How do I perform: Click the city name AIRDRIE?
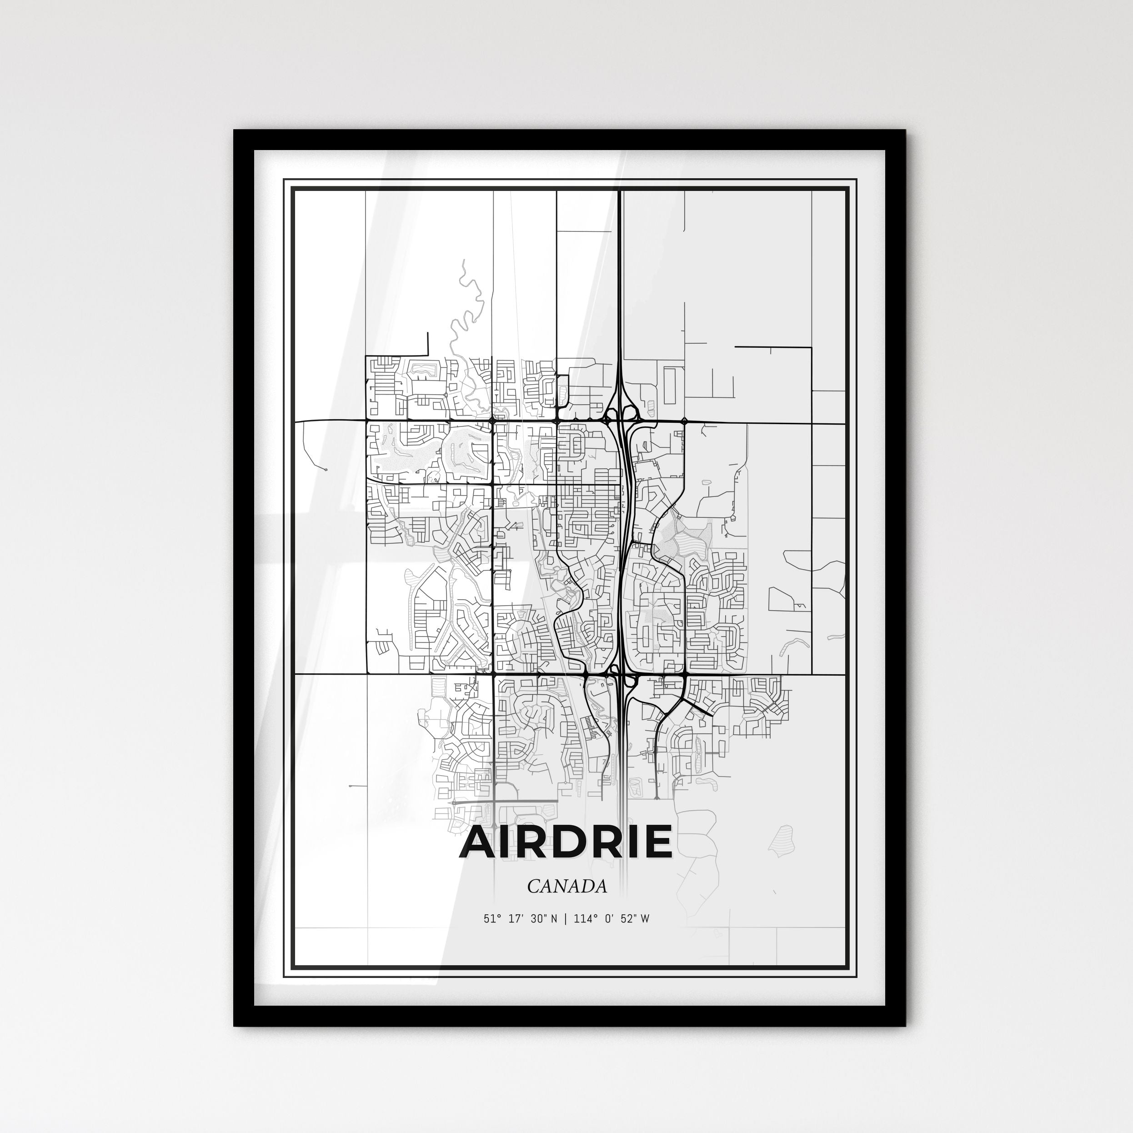[566, 842]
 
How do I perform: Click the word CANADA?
[566, 887]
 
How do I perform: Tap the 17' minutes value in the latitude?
[516, 919]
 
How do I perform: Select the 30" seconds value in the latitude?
[540, 919]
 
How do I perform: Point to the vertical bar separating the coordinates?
[566, 919]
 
